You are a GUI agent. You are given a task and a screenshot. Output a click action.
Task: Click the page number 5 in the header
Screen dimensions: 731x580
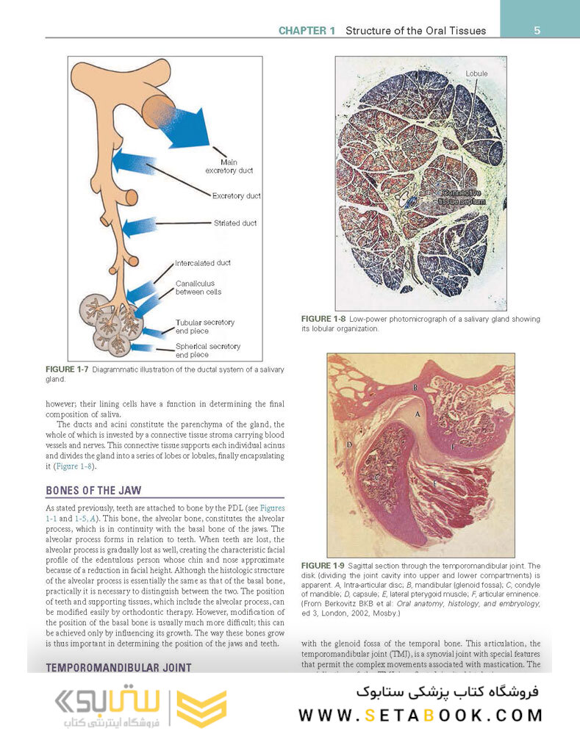[537, 30]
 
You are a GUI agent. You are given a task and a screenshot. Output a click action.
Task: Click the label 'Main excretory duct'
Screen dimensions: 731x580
[229, 167]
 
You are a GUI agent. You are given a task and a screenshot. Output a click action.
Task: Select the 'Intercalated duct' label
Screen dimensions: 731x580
[203, 263]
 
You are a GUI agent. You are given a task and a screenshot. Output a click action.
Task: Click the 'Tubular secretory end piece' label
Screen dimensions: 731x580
[204, 327]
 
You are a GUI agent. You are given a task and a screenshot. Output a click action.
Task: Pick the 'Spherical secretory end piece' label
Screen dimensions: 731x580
[207, 350]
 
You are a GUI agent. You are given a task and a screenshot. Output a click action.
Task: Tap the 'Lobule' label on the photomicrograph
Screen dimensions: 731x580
[476, 74]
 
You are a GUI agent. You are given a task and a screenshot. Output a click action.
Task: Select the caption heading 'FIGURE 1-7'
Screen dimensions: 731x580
[67, 369]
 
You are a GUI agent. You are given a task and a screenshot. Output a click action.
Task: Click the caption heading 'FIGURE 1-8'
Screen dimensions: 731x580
[323, 319]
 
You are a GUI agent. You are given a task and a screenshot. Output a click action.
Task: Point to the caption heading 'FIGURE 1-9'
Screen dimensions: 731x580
[323, 565]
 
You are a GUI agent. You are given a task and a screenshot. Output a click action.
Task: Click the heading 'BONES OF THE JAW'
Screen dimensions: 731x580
[93, 490]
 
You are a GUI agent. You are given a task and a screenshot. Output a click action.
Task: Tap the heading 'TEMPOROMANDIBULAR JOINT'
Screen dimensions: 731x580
[118, 668]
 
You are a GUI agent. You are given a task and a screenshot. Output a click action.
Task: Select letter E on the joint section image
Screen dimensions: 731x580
[434, 484]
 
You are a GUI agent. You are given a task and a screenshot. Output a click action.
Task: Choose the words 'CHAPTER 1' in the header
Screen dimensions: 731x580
[307, 31]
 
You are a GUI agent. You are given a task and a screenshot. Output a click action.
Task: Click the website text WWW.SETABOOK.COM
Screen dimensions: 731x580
[420, 715]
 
